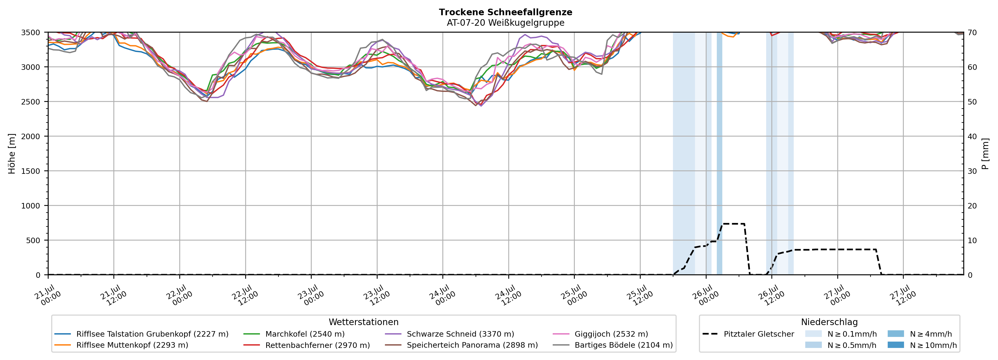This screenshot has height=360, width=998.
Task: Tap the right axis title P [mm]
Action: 985,153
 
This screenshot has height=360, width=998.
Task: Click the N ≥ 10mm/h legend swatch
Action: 895,345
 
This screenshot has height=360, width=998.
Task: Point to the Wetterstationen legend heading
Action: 363,322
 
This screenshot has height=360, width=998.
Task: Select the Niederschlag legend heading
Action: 829,322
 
